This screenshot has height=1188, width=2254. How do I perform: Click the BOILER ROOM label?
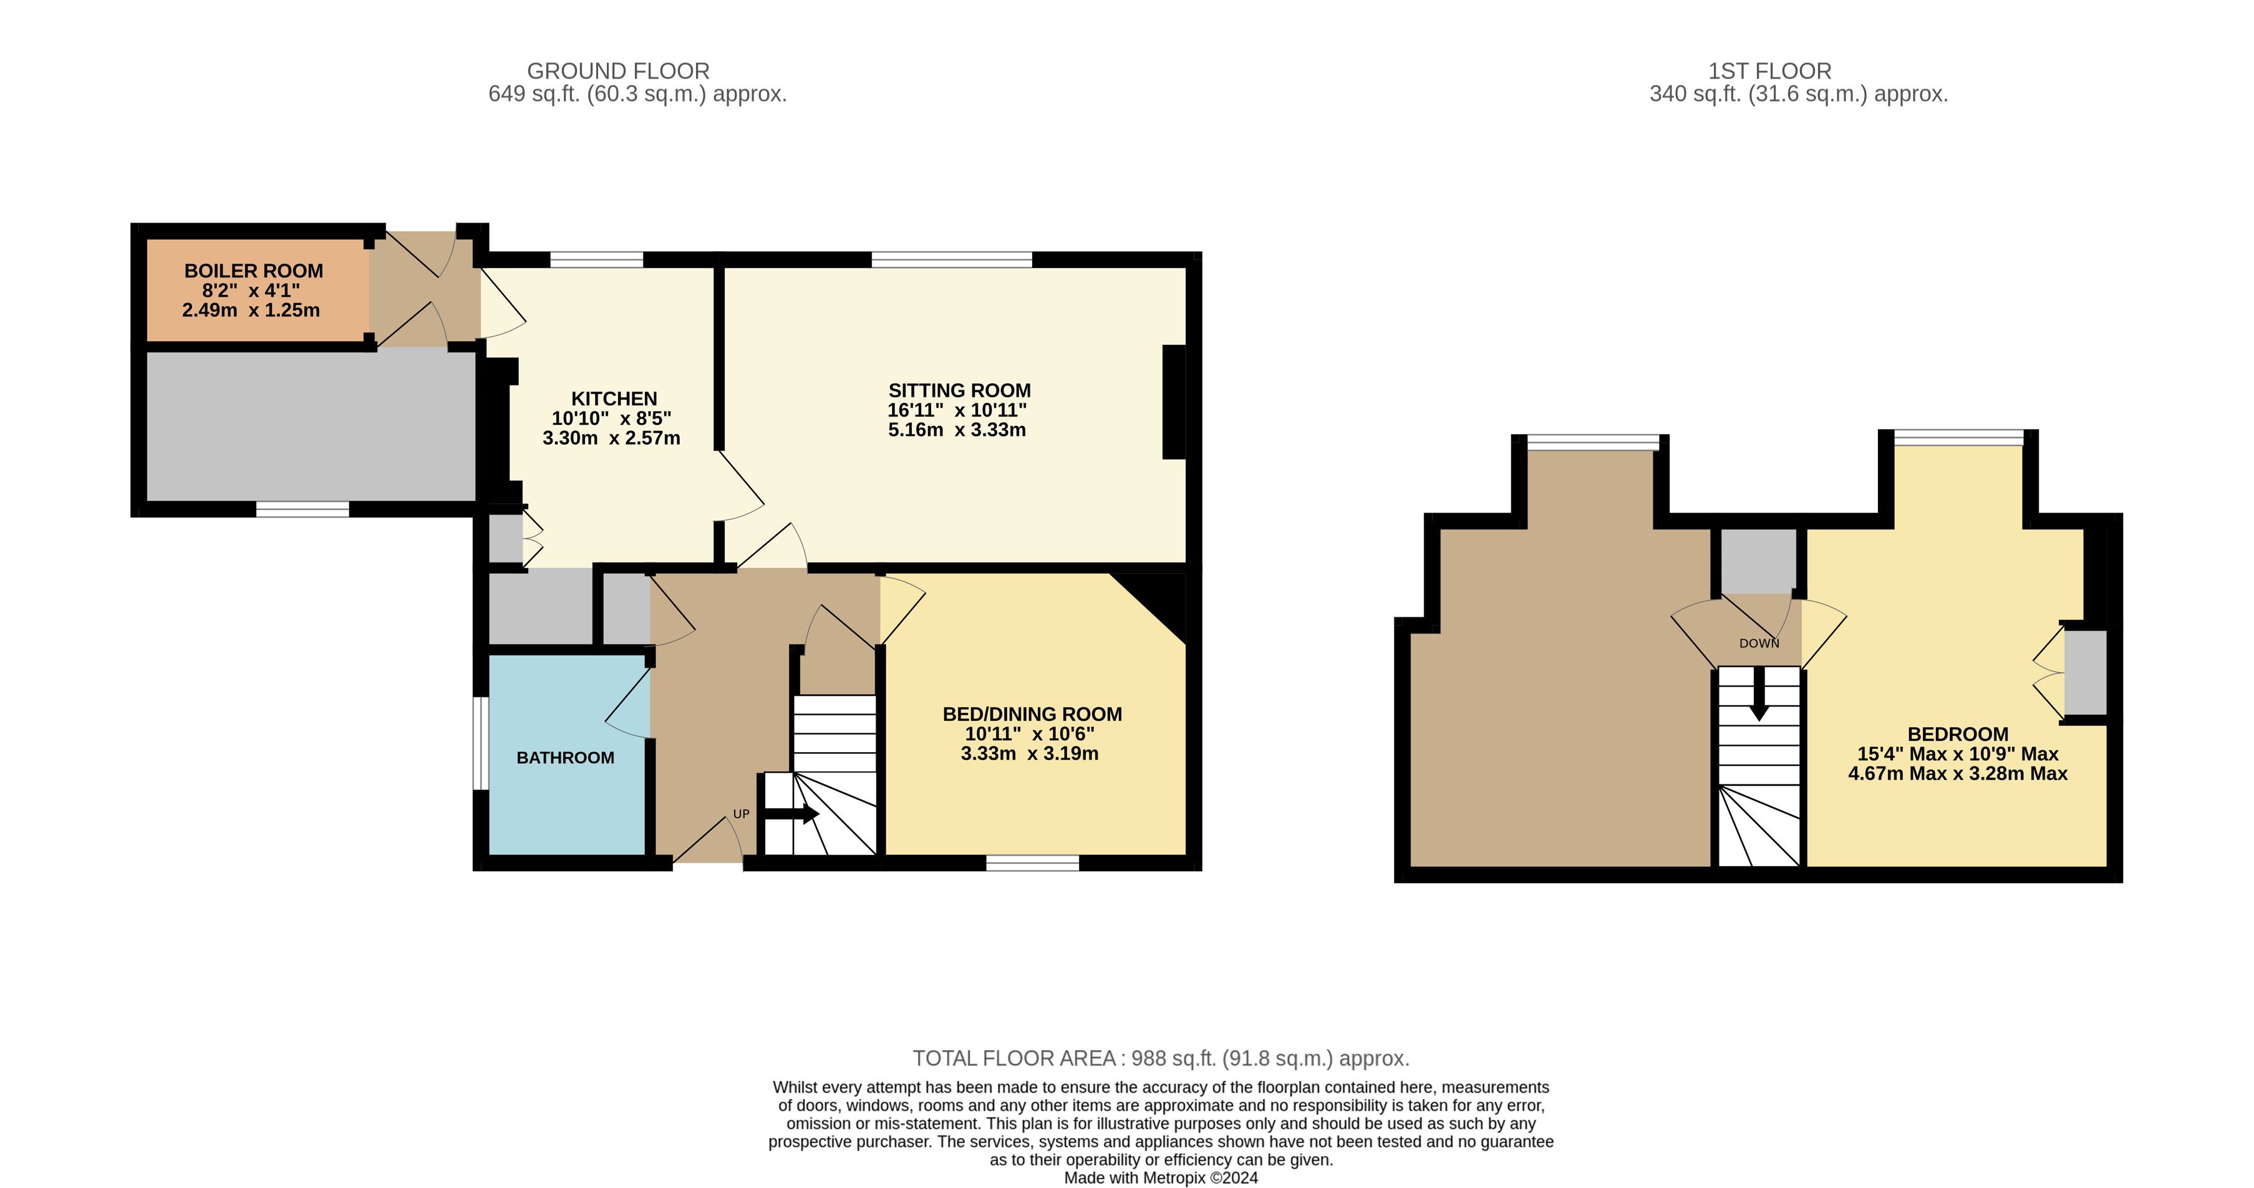click(x=254, y=271)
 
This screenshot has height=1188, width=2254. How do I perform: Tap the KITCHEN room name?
click(x=614, y=399)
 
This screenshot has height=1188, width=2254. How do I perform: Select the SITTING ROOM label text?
click(x=960, y=391)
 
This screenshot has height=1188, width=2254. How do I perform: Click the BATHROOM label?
click(x=565, y=758)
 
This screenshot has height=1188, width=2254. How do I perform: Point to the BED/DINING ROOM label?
click(x=1032, y=715)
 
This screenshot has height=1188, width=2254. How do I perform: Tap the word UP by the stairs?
click(x=741, y=814)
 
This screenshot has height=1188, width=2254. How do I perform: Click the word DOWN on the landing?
click(x=1759, y=643)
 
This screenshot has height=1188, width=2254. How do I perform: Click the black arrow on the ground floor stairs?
click(x=792, y=814)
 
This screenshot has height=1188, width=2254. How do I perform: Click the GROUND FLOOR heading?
click(x=619, y=71)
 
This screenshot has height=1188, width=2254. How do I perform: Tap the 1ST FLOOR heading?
click(x=1770, y=71)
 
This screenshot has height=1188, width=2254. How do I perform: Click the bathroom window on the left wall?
click(x=480, y=743)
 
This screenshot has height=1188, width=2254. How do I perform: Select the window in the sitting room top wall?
click(x=952, y=259)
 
